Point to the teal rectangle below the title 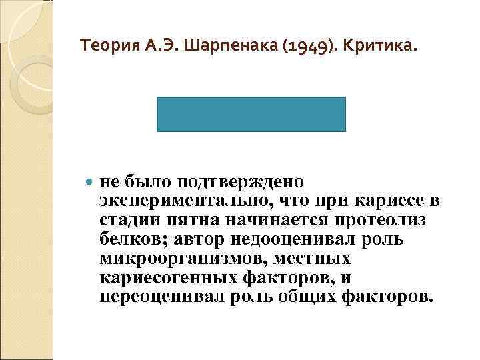[x=252, y=114]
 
